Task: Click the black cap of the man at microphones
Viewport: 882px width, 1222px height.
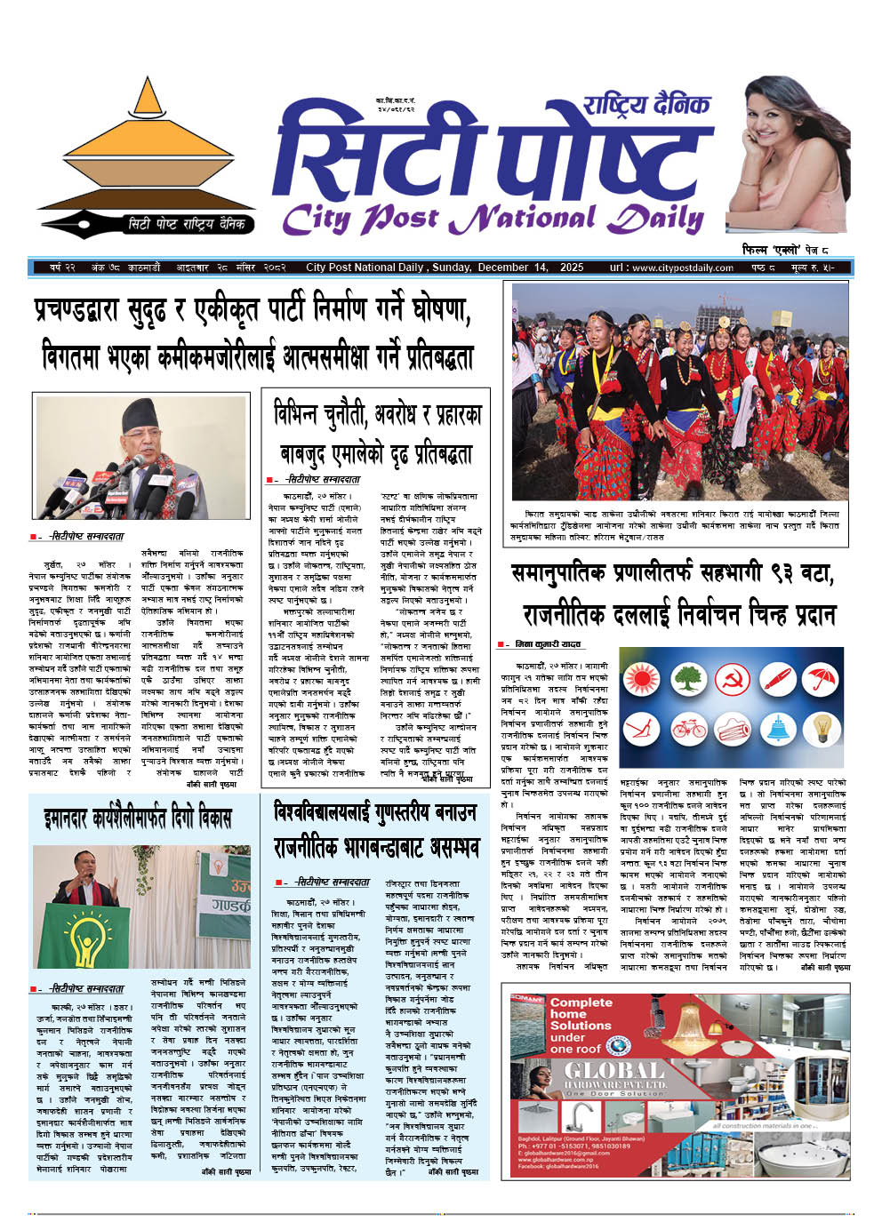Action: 141,413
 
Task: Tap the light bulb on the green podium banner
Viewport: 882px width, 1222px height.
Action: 93,933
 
